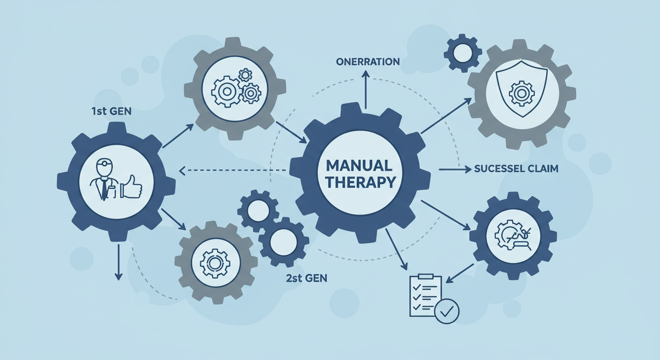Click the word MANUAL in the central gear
click(x=359, y=165)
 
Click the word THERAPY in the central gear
click(x=359, y=182)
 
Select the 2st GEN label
click(x=306, y=277)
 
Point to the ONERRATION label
click(x=367, y=62)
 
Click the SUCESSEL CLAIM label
click(x=516, y=169)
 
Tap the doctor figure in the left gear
click(x=104, y=180)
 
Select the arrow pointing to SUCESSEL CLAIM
click(x=454, y=170)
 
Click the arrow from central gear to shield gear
click(x=446, y=115)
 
